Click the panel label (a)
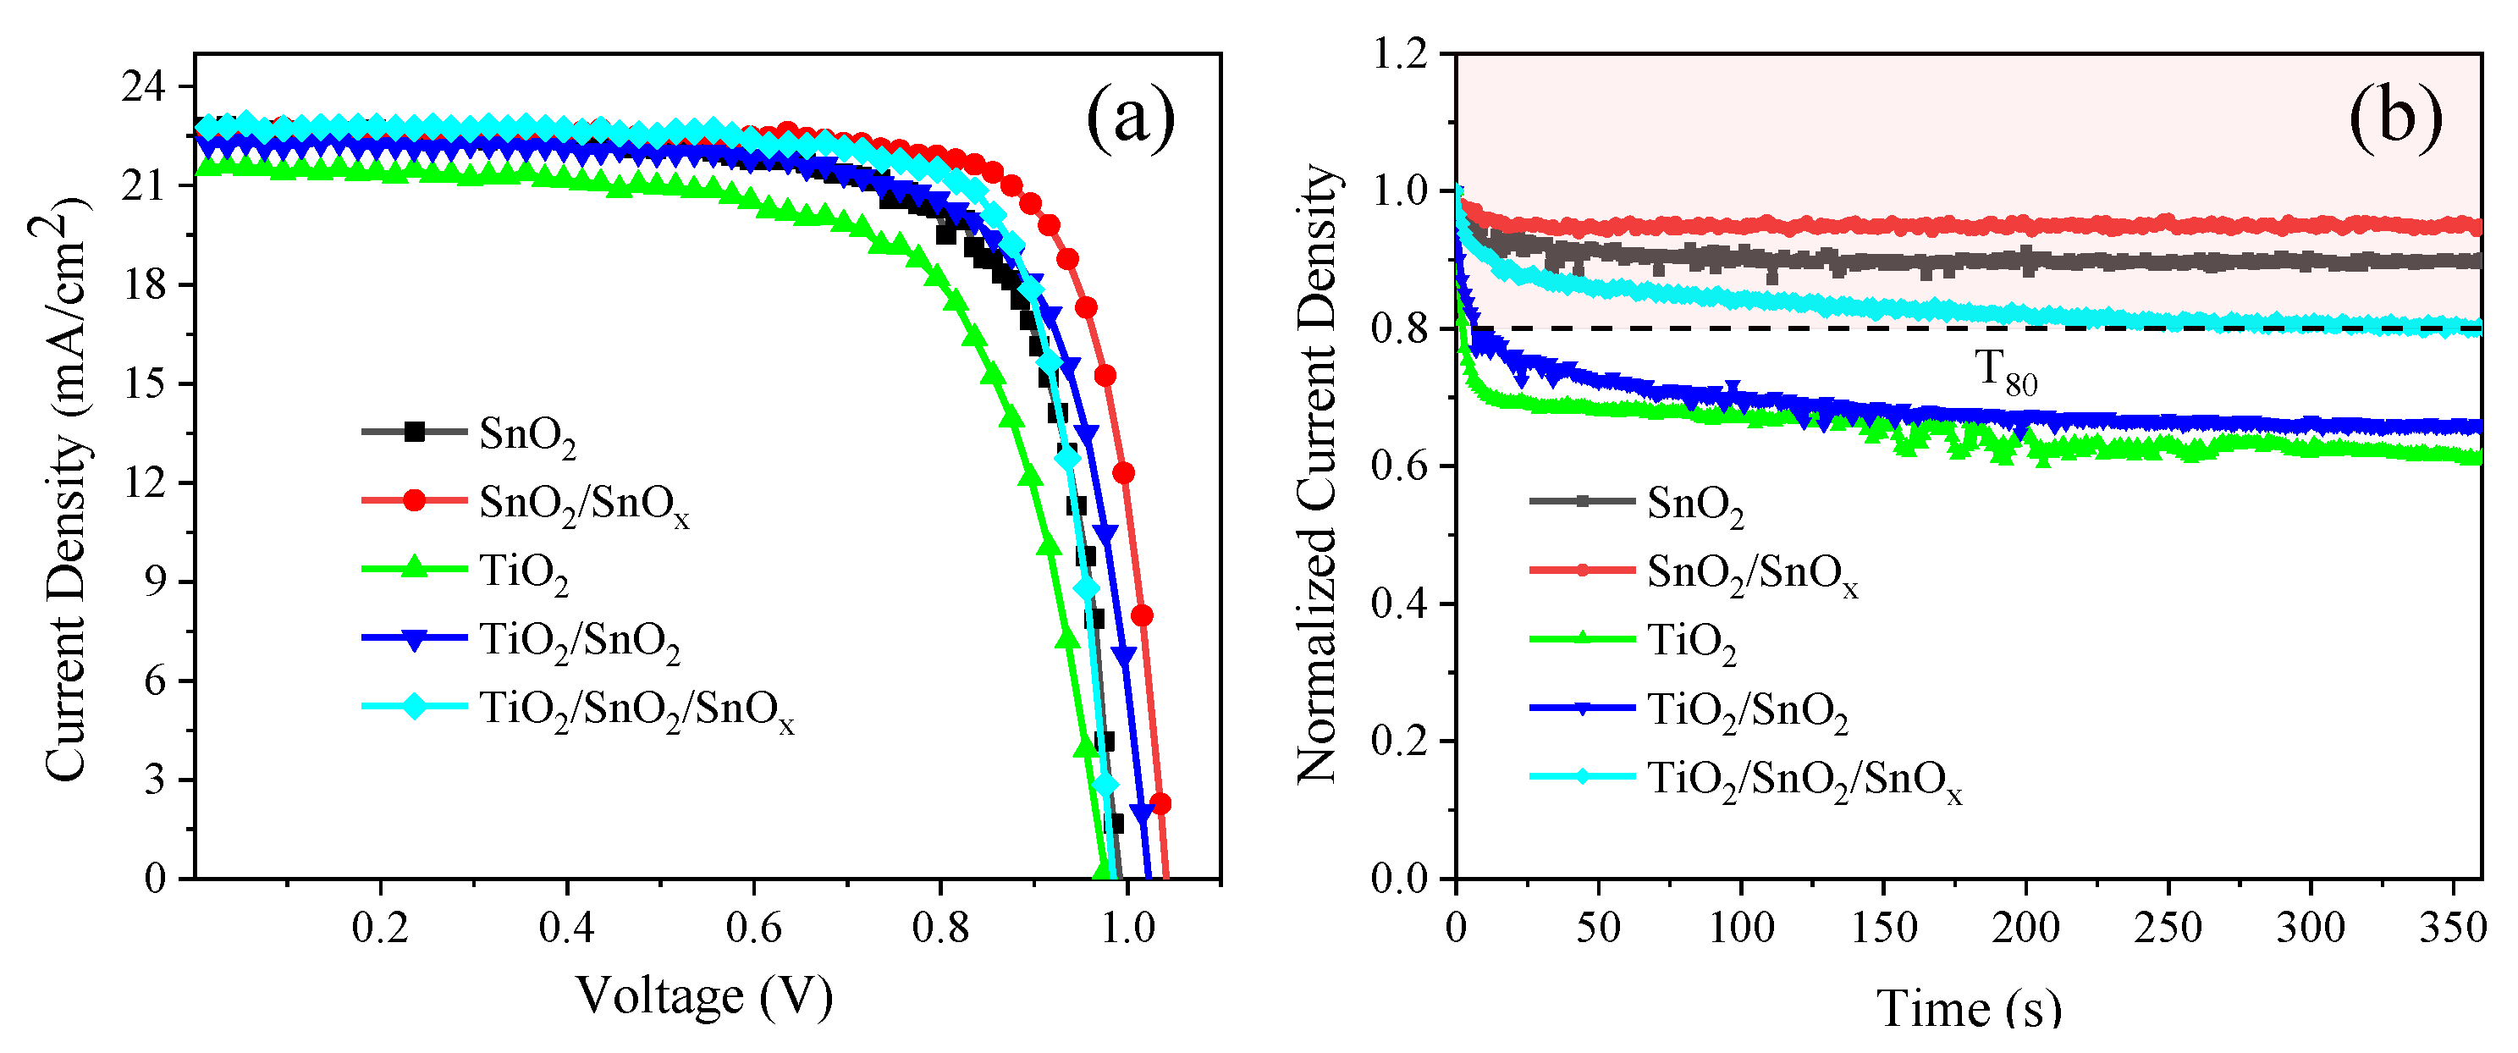pyautogui.click(x=1130, y=118)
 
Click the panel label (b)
pyautogui.click(x=2394, y=118)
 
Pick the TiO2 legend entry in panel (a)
pyautogui.click(x=523, y=571)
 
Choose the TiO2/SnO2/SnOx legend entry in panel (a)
pyautogui.click(x=636, y=708)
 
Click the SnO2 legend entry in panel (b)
pyautogui.click(x=1694, y=504)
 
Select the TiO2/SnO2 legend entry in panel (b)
pyautogui.click(x=1747, y=711)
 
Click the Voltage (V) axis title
pyautogui.click(x=704, y=996)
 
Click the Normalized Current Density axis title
pyautogui.click(x=1317, y=474)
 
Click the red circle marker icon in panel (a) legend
pyautogui.click(x=415, y=499)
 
